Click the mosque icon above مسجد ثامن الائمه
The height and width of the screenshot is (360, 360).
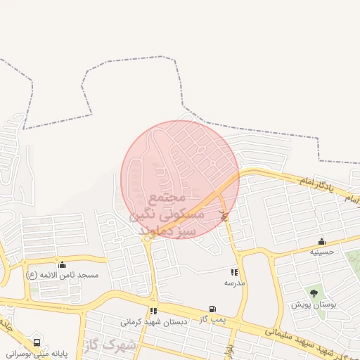(x=63, y=265)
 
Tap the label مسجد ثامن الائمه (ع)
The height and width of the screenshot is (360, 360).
(x=63, y=275)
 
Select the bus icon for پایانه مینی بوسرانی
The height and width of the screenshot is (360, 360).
(x=37, y=343)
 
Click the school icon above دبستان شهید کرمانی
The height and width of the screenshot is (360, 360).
(x=153, y=311)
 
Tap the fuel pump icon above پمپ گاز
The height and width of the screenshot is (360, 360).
(x=212, y=309)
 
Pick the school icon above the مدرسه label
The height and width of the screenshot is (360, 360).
(x=234, y=272)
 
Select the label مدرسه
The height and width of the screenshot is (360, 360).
(x=234, y=283)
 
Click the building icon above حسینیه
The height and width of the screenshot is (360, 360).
(x=322, y=241)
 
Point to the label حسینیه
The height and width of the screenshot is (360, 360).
(x=323, y=251)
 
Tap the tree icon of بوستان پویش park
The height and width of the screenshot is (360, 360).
(x=314, y=293)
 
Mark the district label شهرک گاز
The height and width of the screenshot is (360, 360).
(x=110, y=345)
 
